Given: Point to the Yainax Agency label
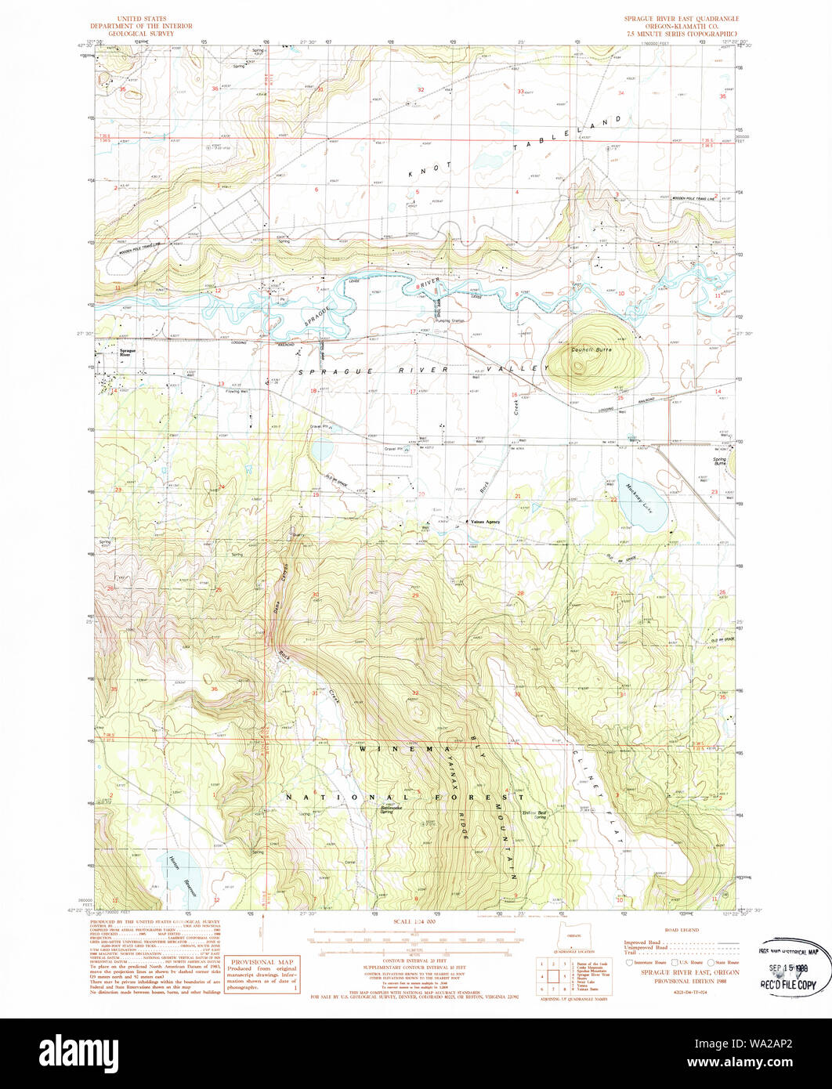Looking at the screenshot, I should click(x=484, y=521).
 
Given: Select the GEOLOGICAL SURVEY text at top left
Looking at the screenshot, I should click(x=143, y=34).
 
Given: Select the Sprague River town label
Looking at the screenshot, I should click(x=122, y=353).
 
